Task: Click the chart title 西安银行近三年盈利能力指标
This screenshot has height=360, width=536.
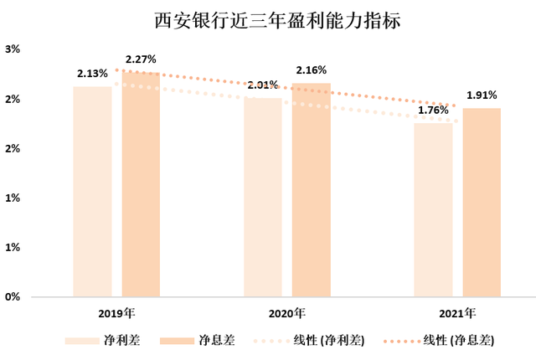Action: [x=267, y=20]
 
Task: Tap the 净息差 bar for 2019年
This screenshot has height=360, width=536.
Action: [x=141, y=184]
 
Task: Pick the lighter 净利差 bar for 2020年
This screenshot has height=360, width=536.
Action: [x=263, y=197]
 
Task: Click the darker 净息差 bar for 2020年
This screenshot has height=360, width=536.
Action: [x=311, y=189]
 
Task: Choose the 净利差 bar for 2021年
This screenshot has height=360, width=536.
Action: [x=433, y=209]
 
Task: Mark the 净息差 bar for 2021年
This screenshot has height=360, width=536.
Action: [x=482, y=202]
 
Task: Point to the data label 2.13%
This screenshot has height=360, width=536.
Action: [x=91, y=75]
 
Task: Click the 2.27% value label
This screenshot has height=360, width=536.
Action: [x=141, y=59]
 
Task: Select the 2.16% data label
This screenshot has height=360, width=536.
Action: [x=311, y=70]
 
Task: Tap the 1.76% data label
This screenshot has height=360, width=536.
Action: [x=432, y=110]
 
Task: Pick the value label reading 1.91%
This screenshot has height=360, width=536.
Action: [x=482, y=95]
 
